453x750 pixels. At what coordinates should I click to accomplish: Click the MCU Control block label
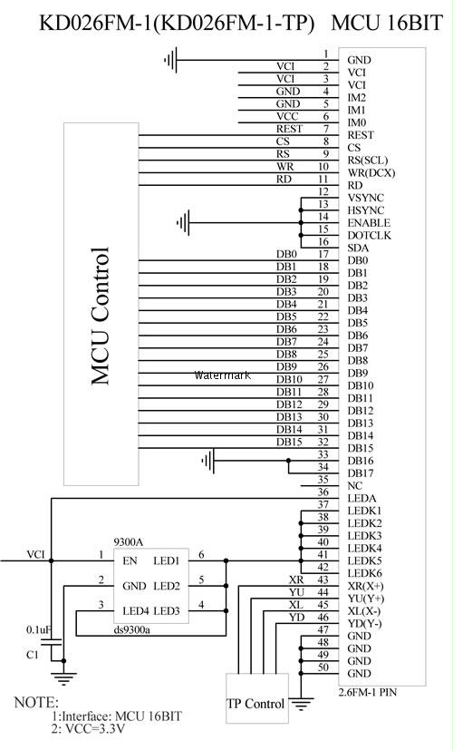(x=101, y=317)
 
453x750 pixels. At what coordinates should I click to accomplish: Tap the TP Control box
(x=257, y=698)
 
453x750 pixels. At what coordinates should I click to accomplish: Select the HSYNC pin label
(x=365, y=210)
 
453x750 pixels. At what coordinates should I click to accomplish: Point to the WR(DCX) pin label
(x=371, y=172)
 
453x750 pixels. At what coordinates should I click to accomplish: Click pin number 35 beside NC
(x=323, y=479)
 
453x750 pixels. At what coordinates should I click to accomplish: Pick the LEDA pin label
(x=361, y=499)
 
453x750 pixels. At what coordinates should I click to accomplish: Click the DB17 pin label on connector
(x=360, y=473)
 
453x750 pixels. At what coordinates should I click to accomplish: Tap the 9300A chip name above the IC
(x=128, y=542)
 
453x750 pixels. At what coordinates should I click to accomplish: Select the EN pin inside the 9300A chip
(x=130, y=560)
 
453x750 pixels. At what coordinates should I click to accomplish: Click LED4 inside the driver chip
(x=136, y=611)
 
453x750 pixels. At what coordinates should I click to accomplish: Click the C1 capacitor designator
(x=32, y=655)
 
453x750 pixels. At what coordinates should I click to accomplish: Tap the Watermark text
(x=222, y=375)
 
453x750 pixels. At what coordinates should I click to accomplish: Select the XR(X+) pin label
(x=365, y=587)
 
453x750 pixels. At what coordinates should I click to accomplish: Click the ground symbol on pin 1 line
(x=171, y=60)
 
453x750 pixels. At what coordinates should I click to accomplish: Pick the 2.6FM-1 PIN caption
(x=368, y=692)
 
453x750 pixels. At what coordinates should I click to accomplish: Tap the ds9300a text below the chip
(x=131, y=629)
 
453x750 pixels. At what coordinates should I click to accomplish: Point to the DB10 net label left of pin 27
(x=289, y=379)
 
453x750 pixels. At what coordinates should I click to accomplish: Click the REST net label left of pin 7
(x=289, y=129)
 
